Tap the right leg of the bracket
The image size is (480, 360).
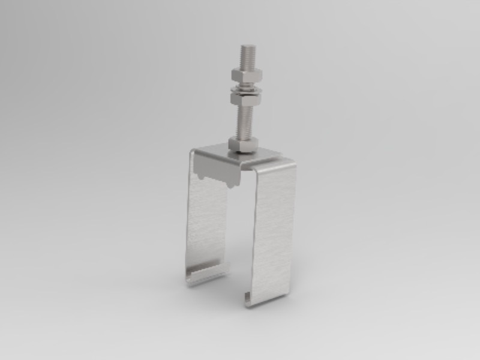click(x=273, y=234)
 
